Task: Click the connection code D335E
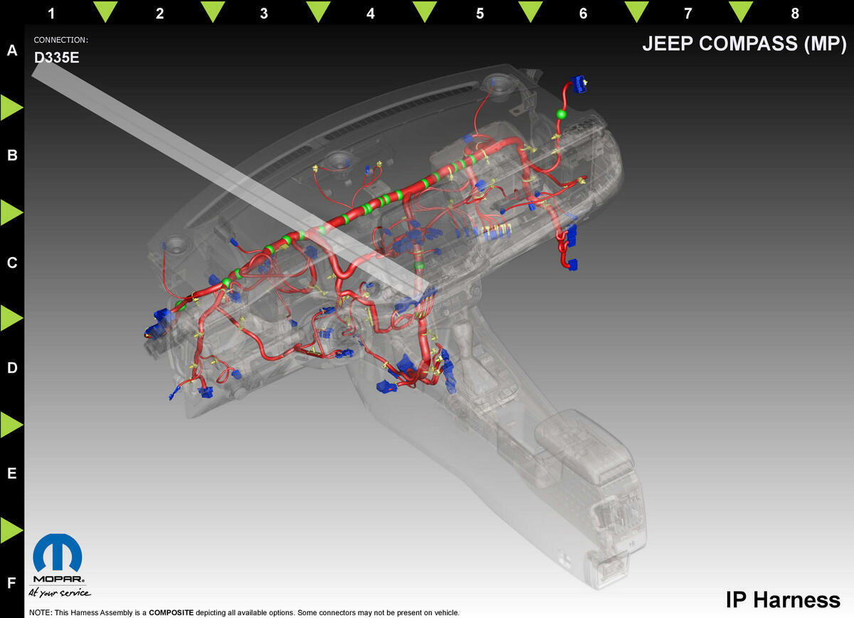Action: pos(56,58)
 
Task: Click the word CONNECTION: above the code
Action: pos(60,40)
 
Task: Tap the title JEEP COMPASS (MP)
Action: pos(744,43)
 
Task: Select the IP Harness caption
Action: pos(783,599)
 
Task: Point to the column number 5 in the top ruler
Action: pos(480,14)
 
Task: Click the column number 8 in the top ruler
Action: pos(795,14)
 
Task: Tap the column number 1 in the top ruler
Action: pos(51,14)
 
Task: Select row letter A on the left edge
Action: pos(12,51)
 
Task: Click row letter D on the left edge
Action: pos(12,368)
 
